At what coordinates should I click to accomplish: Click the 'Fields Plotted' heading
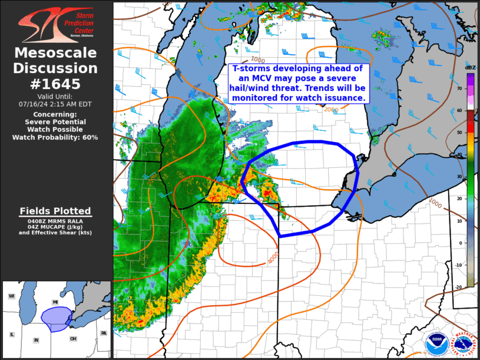tap(55, 211)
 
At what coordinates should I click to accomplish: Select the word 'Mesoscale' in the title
tap(55, 53)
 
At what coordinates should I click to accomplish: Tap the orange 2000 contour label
tap(331, 109)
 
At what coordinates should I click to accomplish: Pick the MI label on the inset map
tap(55, 302)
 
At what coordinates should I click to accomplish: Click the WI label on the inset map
tap(11, 296)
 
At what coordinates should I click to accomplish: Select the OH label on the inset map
tap(72, 339)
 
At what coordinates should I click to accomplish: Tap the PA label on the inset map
tap(104, 333)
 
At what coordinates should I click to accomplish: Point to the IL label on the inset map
tap(11, 334)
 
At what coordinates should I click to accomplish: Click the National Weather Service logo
tap(462, 343)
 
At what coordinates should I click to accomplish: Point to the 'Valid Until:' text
tap(55, 96)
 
